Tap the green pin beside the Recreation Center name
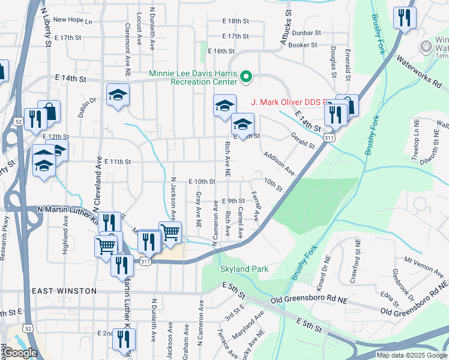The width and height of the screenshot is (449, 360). point(246,77)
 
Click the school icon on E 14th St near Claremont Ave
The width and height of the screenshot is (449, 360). point(118,94)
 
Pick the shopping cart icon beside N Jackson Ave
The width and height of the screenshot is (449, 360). point(170,232)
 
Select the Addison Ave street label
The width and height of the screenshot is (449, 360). point(279,163)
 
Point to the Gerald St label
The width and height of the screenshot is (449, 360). point(302,141)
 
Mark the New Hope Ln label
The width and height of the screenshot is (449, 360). point(73,20)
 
